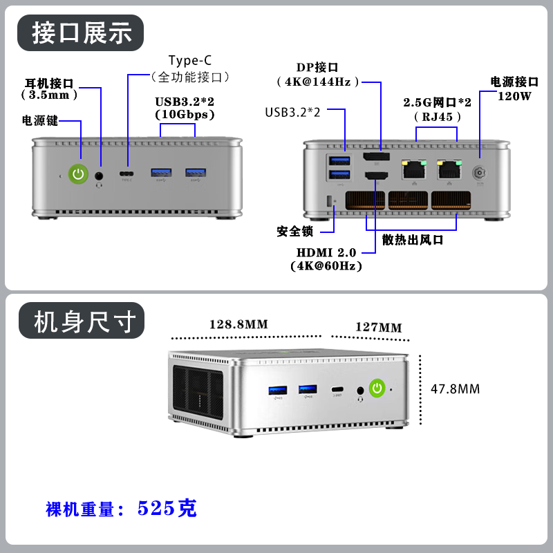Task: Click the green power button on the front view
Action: [78, 174]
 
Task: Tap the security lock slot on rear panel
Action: [329, 202]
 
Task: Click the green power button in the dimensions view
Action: [377, 388]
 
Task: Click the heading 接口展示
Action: [82, 32]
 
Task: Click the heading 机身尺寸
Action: [82, 321]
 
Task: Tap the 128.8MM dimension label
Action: [238, 324]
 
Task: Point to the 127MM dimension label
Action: [378, 327]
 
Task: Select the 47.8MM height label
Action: [455, 388]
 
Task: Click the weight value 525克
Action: [167, 509]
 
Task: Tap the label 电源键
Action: [40, 121]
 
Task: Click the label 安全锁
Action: [295, 231]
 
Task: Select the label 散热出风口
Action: [413, 240]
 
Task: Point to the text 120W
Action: [514, 96]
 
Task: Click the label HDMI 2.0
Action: [326, 253]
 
